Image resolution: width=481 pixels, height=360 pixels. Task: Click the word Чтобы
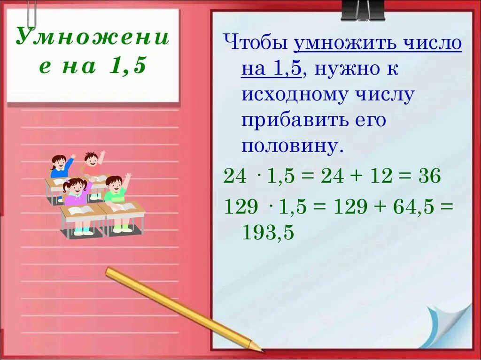[x=256, y=44]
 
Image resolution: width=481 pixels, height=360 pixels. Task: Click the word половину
[x=290, y=146]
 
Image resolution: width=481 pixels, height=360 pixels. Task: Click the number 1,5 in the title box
[x=128, y=66]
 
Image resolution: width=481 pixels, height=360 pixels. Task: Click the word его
[x=371, y=121]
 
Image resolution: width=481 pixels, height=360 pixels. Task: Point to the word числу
[x=385, y=95]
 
